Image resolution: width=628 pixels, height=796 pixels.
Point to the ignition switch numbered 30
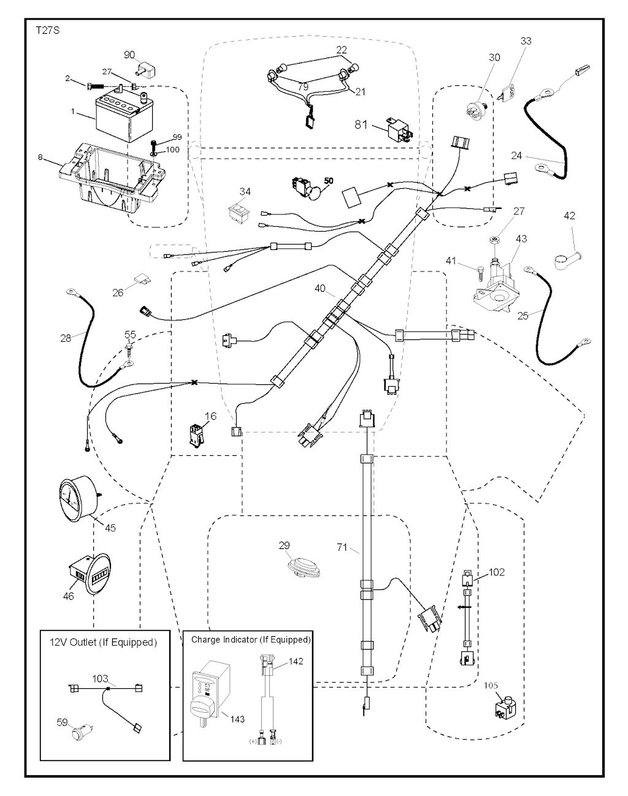tap(479, 97)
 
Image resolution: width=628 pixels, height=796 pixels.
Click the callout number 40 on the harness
tap(320, 287)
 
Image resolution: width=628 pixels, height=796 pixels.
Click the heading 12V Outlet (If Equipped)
tap(102, 643)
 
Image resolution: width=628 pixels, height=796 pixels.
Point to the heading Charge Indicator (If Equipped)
tap(251, 640)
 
